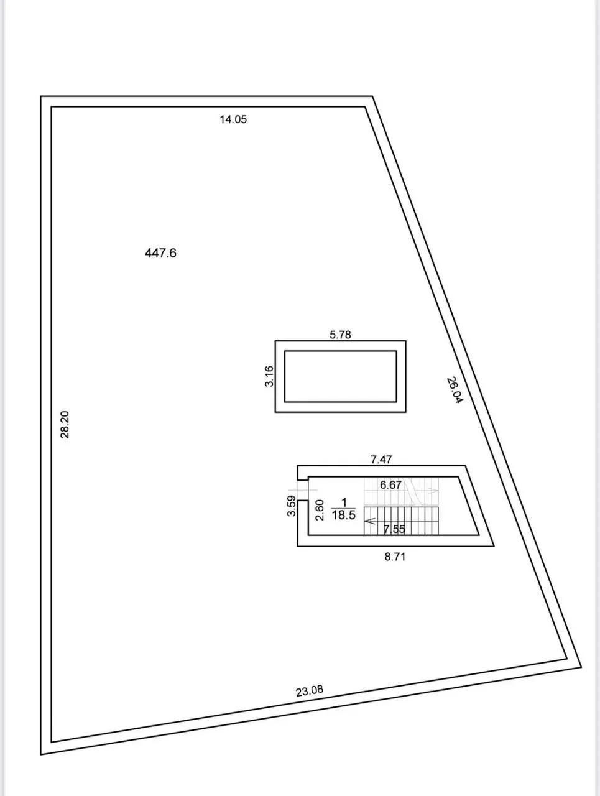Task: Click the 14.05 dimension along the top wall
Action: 233,119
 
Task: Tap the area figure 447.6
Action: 160,252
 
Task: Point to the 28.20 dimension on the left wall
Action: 65,424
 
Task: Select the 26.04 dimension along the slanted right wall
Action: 455,391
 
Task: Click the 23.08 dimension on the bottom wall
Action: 309,691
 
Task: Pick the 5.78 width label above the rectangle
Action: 341,335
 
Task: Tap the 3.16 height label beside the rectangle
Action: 269,376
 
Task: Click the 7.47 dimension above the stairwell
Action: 381,460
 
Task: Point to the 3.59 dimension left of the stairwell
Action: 292,506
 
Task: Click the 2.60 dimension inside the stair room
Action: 320,510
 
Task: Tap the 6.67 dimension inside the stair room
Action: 390,484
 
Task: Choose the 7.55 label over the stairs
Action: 394,529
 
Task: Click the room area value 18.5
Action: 344,515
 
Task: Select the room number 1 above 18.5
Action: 344,502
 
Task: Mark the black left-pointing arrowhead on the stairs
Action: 370,522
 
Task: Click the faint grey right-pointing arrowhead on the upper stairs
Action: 433,491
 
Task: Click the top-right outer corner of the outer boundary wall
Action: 372,96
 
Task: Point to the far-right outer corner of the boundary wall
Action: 581,667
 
